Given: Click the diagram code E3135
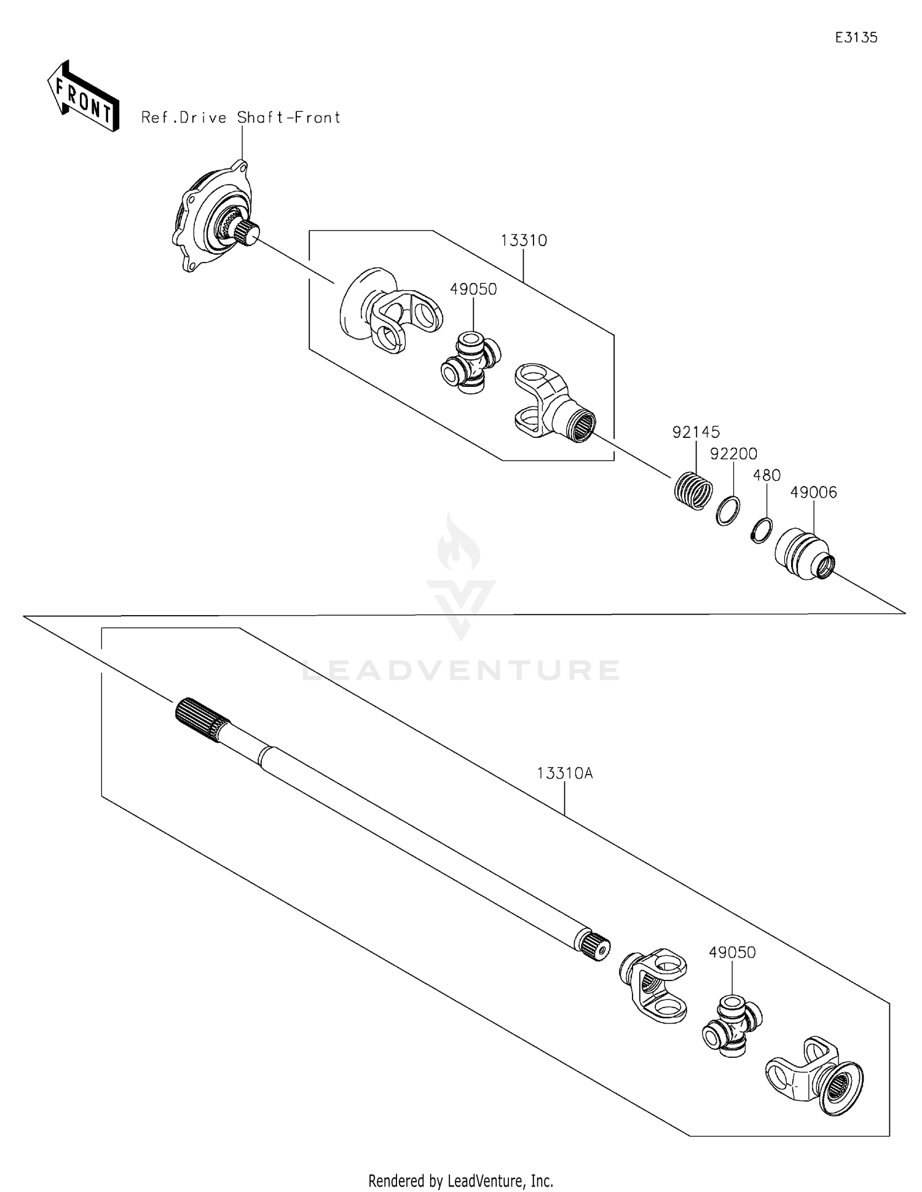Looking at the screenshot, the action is pos(856,38).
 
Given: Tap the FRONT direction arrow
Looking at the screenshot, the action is pos(82,97).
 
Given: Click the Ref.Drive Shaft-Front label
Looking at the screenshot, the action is pos(240,117).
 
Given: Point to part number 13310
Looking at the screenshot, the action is pos(524,240).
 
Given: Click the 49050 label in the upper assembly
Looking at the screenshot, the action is pos(473,289).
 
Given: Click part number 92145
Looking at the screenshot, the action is pos(696,432).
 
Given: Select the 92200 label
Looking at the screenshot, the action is pos(733,454).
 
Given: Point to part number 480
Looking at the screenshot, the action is pos(766,475).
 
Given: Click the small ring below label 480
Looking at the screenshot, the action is pos(761,531).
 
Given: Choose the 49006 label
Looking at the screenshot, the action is pos(813,492).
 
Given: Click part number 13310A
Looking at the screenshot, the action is pos(564,773).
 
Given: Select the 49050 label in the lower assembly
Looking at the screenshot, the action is pos(731,952).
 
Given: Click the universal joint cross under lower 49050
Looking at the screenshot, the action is pos(731,1025).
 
